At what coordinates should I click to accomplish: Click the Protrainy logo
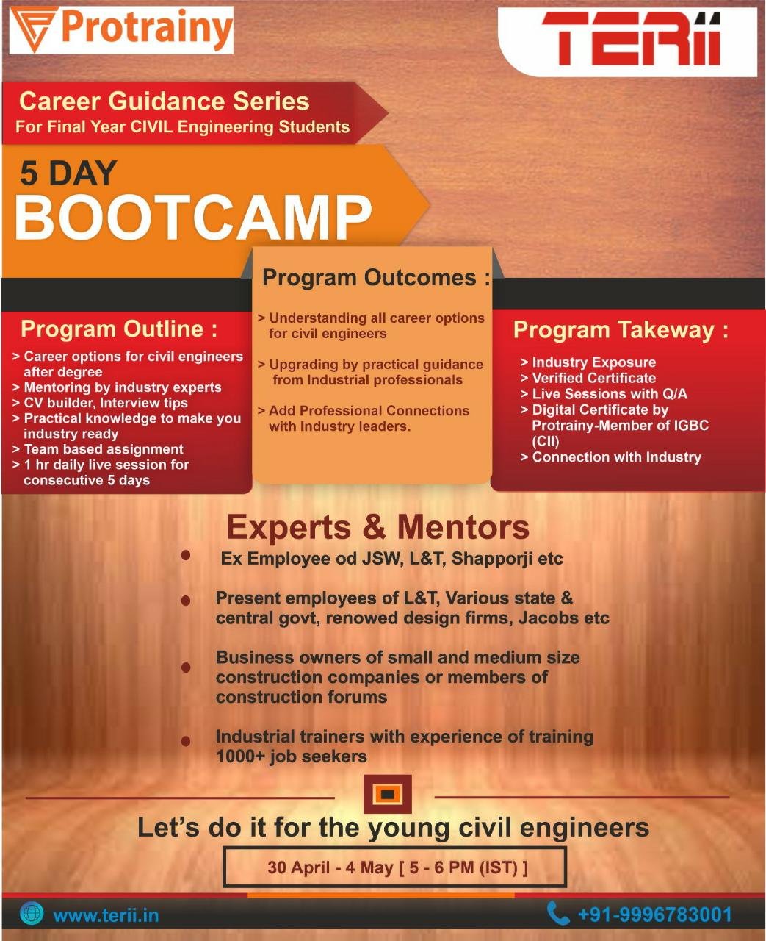click(122, 30)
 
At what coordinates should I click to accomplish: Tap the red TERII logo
click(630, 40)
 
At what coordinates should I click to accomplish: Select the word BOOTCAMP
click(193, 218)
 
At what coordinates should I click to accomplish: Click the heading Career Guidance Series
click(164, 101)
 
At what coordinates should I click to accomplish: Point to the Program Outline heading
click(119, 329)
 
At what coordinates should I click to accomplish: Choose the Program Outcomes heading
click(375, 278)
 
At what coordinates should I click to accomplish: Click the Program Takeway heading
click(620, 330)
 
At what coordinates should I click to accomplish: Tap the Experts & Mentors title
click(377, 527)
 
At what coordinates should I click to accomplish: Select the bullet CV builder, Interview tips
click(106, 403)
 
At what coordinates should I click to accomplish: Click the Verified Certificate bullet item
click(593, 378)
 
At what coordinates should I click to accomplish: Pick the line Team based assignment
click(104, 449)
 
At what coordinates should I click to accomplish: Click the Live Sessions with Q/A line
click(609, 394)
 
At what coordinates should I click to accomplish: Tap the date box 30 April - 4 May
click(395, 867)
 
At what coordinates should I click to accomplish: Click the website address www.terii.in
click(106, 915)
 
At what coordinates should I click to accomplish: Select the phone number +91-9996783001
click(654, 915)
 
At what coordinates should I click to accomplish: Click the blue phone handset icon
click(558, 914)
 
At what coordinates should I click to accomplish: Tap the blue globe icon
click(32, 914)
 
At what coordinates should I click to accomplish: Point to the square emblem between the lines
click(387, 795)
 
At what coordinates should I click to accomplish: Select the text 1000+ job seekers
click(291, 756)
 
